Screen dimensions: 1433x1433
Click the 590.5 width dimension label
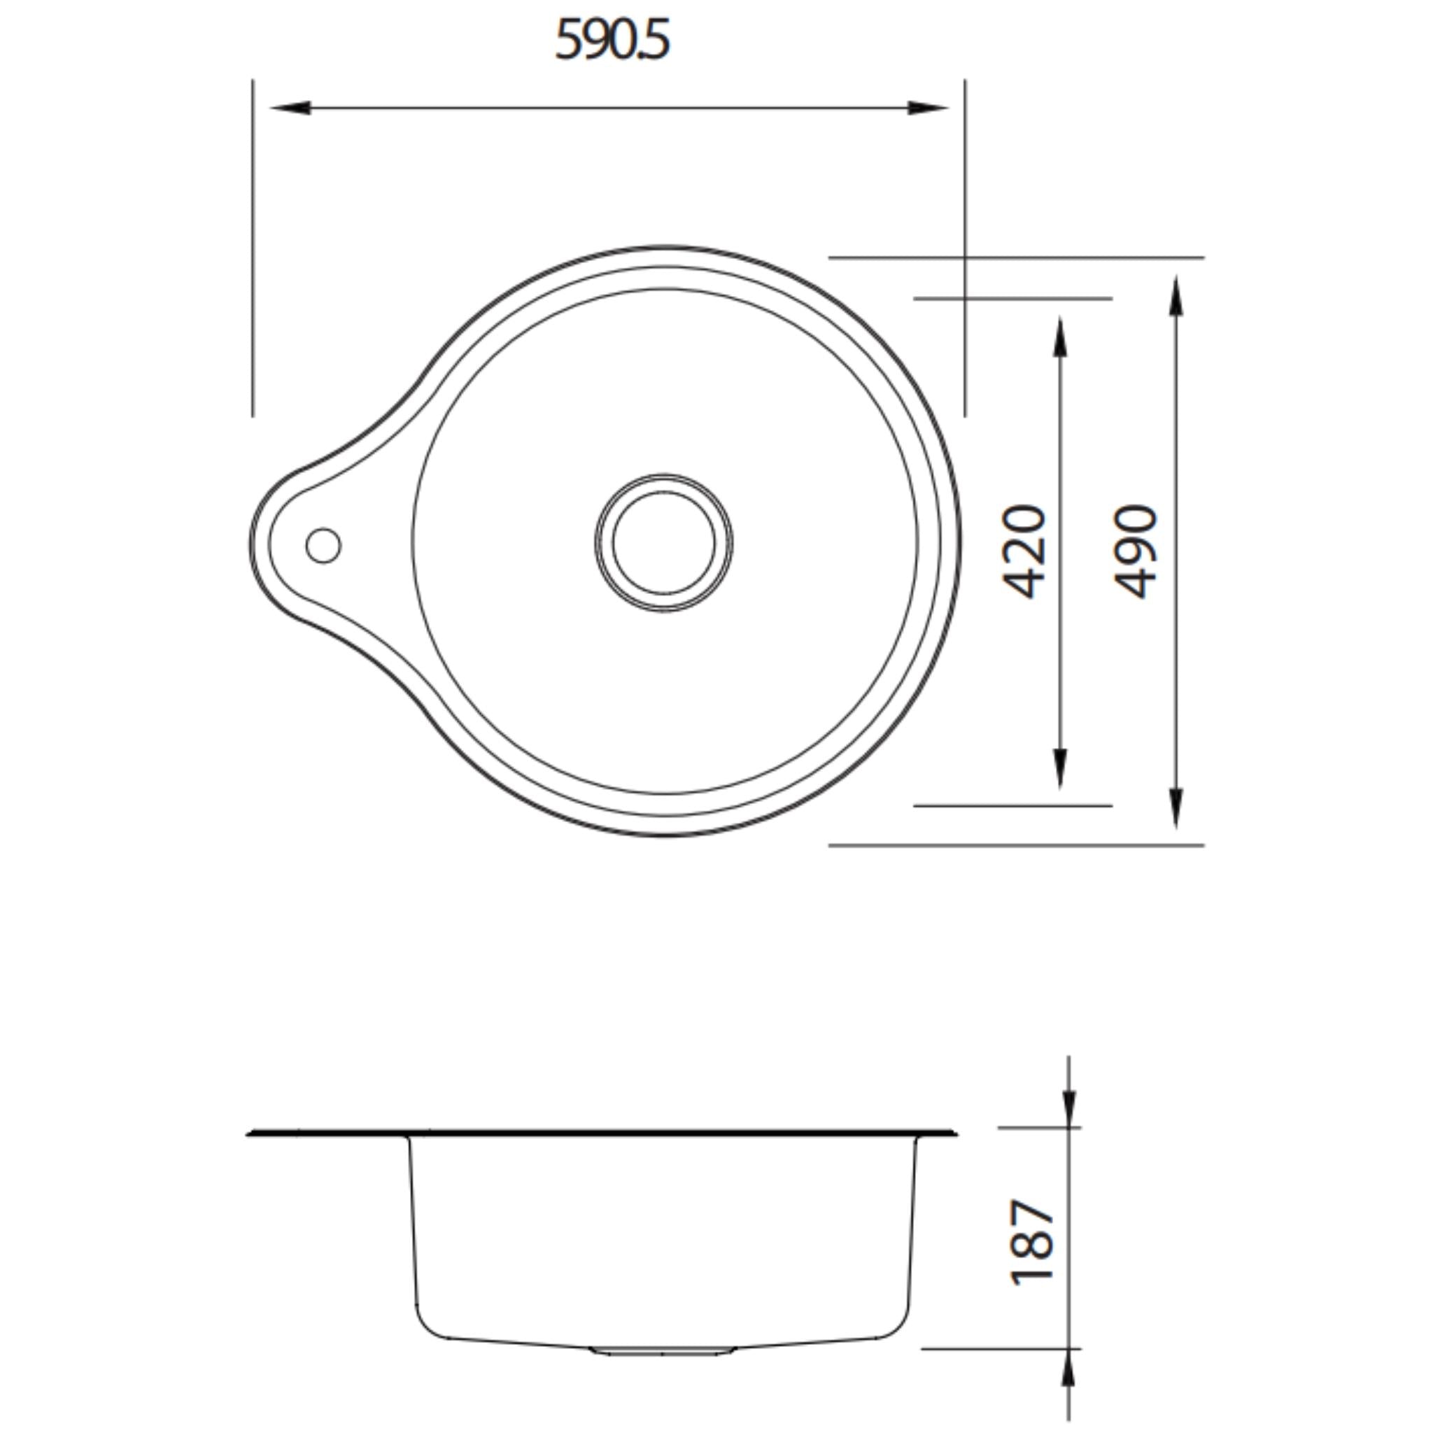(613, 40)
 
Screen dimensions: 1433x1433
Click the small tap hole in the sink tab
(323, 545)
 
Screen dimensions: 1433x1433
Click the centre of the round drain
(664, 542)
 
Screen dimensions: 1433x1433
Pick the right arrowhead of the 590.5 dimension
(929, 108)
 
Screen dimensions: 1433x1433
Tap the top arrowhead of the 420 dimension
(1060, 337)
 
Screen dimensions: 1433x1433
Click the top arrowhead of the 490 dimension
(1176, 295)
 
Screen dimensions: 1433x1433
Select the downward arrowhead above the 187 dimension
(1069, 1109)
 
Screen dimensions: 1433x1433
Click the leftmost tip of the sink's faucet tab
(250, 545)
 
